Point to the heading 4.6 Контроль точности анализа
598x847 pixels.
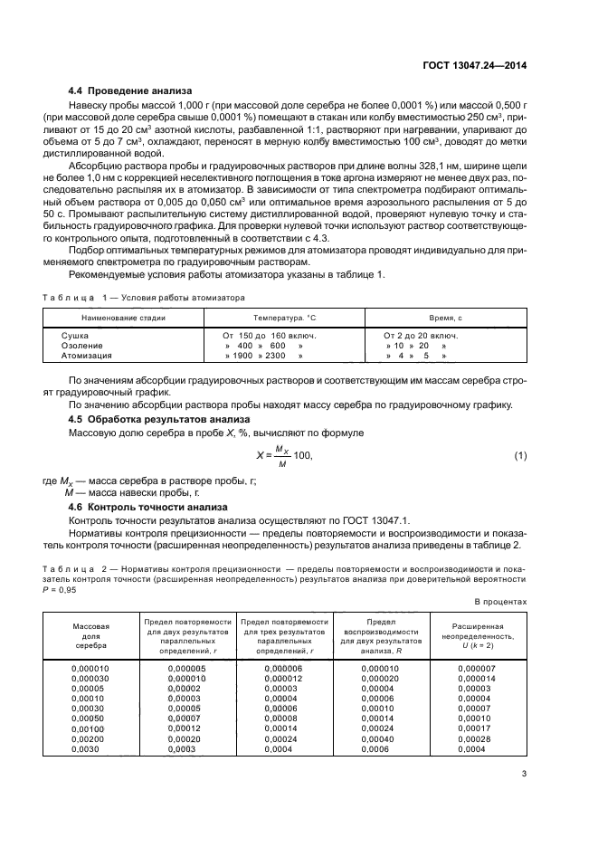click(143, 507)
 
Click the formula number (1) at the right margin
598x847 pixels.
click(520, 454)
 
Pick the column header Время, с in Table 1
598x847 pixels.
click(445, 319)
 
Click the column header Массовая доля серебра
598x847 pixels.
click(90, 636)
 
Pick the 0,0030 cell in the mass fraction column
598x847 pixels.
click(86, 748)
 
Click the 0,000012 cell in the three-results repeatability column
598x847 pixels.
click(281, 678)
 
